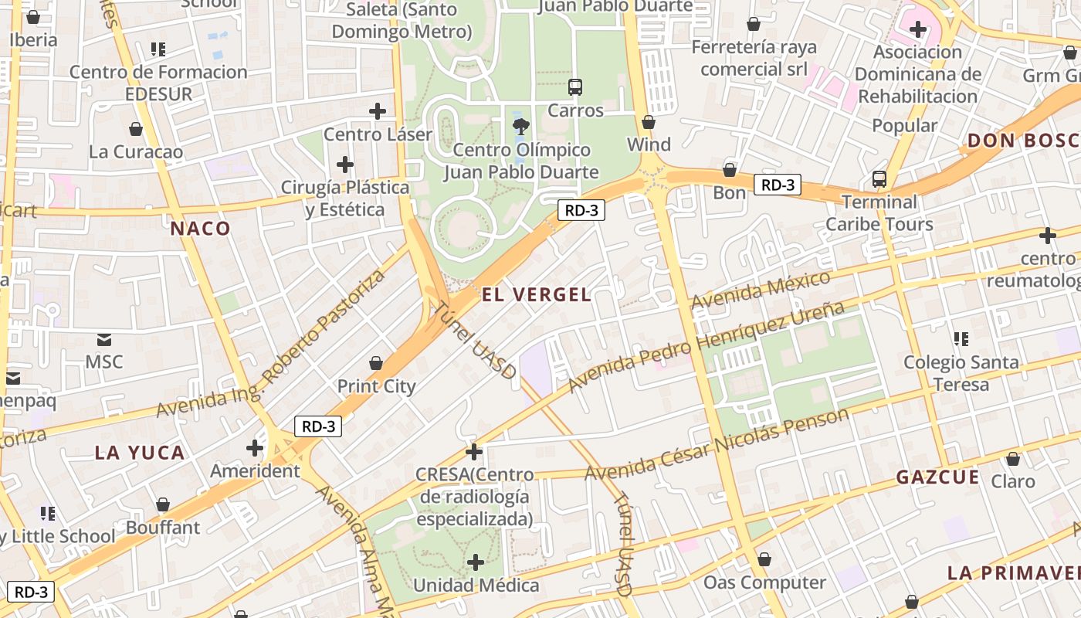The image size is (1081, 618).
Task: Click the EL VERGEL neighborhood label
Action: click(537, 294)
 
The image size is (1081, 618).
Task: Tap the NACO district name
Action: click(201, 228)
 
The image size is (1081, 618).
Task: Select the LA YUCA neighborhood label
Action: click(140, 453)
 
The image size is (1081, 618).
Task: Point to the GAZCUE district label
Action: click(937, 477)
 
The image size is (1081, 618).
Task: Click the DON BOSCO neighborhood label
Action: click(1023, 141)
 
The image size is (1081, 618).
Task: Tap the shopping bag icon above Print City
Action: click(376, 363)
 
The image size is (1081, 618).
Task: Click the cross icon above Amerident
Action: click(255, 447)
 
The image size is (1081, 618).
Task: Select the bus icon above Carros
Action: click(574, 87)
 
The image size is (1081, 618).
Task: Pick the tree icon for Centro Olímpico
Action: click(521, 126)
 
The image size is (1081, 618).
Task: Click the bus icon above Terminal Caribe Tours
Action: click(879, 179)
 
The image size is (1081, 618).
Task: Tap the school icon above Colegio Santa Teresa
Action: click(961, 338)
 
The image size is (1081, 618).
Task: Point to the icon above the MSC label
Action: click(104, 339)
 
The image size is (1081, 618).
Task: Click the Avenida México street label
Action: click(761, 290)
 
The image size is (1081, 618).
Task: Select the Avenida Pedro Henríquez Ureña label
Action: click(706, 347)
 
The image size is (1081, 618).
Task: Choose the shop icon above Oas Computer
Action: click(764, 559)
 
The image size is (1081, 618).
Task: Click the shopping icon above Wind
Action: click(649, 122)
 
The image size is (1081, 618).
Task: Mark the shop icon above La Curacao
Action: click(136, 129)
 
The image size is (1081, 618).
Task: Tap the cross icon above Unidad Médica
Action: click(476, 562)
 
